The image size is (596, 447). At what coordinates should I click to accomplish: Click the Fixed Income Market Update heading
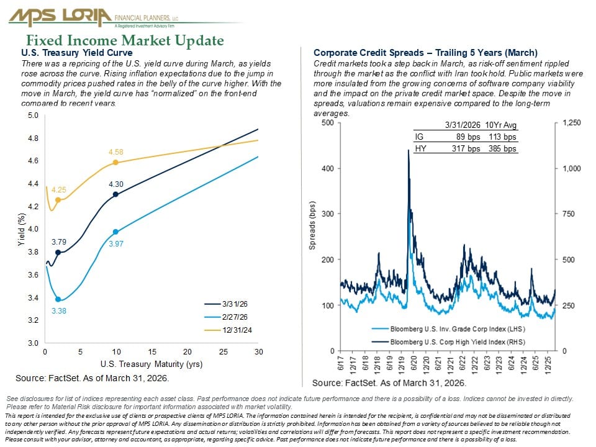[124, 41]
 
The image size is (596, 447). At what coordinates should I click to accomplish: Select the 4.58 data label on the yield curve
[116, 151]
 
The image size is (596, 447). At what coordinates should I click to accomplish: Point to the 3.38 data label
[58, 310]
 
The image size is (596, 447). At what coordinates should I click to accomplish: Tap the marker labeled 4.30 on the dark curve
[115, 194]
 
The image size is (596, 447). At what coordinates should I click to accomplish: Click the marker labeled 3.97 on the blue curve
[115, 232]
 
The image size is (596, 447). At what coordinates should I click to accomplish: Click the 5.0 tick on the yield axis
[33, 115]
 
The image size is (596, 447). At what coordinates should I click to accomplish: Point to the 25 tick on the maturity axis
[222, 352]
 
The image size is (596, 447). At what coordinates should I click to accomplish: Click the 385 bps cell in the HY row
[502, 149]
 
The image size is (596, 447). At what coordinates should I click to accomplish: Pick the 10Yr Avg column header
[501, 126]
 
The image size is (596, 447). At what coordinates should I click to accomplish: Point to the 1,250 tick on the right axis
[571, 123]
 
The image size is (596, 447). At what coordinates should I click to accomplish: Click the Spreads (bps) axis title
[312, 225]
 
